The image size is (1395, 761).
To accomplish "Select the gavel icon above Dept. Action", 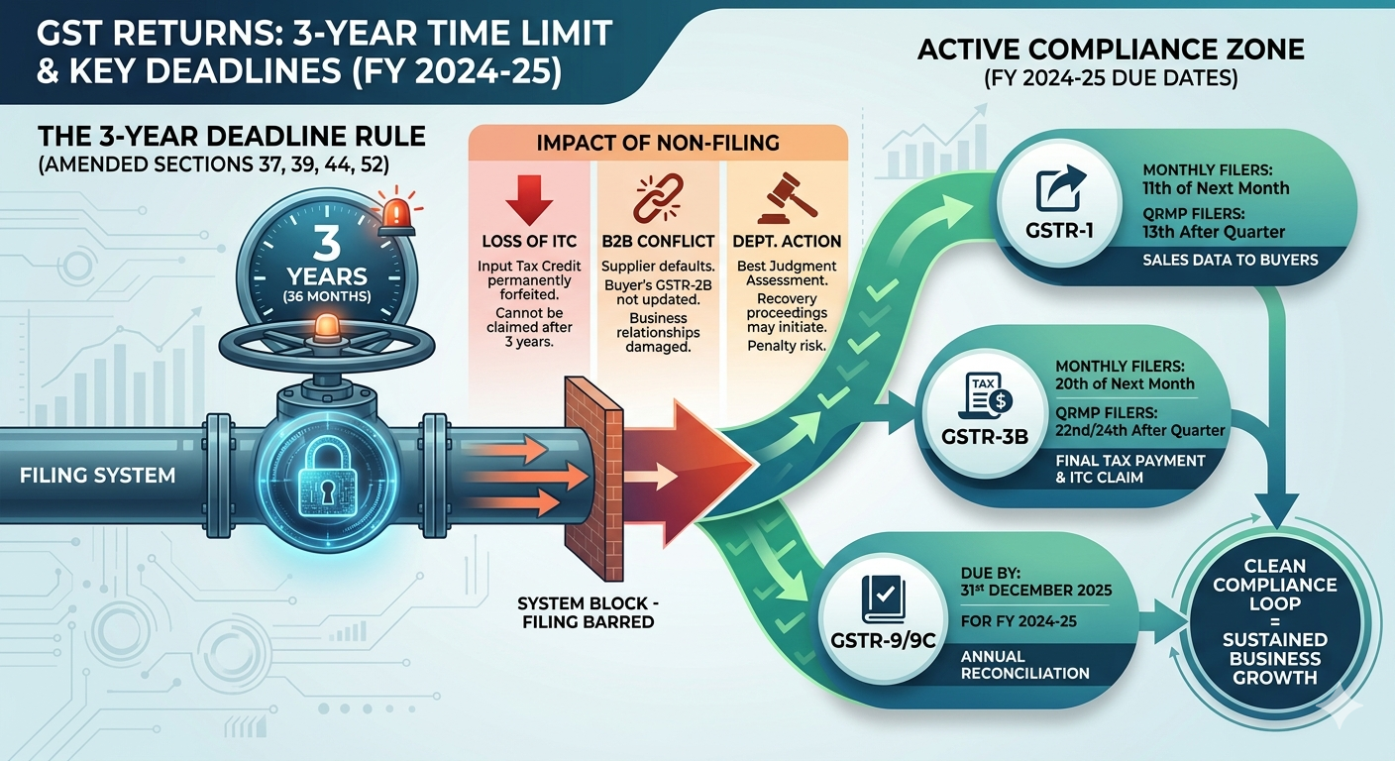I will [782, 200].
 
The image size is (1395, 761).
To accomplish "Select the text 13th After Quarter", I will [1214, 232].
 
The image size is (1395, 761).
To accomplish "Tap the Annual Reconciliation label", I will [1024, 664].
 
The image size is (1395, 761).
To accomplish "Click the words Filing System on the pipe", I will [97, 476].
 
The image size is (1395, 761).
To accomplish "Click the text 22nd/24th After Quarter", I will [1140, 430].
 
